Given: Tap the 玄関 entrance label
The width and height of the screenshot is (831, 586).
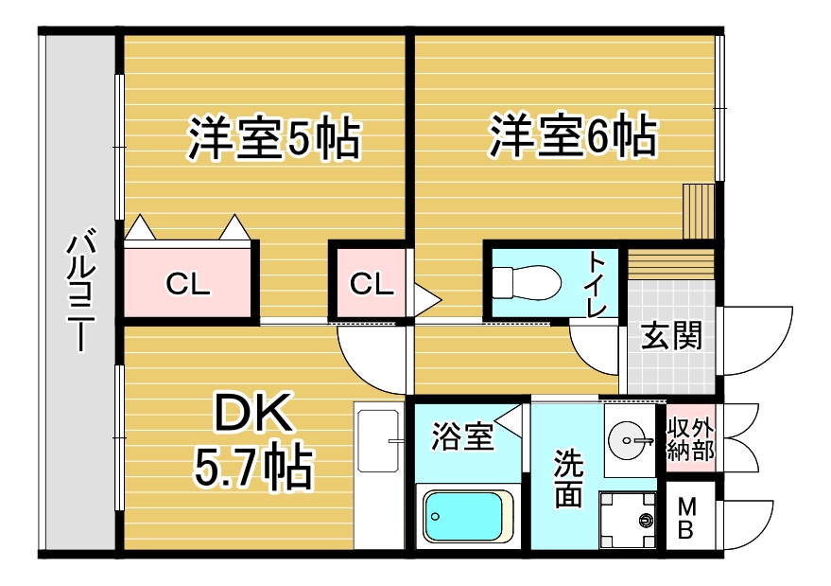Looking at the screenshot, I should coord(672,336).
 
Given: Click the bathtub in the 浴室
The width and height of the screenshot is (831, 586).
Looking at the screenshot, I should coord(467,516).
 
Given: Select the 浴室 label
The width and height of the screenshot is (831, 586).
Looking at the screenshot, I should coord(462,437).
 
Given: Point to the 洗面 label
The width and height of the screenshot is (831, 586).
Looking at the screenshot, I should coord(568,478).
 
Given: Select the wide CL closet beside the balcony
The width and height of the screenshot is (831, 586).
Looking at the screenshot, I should coord(188,282).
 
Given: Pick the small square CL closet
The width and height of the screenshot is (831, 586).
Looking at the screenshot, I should coord(371,282).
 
